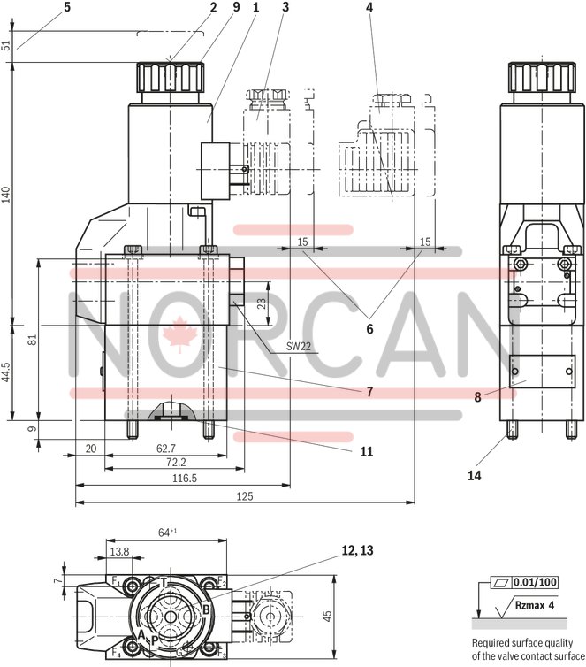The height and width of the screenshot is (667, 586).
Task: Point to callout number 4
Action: pyautogui.click(x=369, y=8)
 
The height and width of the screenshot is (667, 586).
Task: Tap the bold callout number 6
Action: pyautogui.click(x=369, y=328)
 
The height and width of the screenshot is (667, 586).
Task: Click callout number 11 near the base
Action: pyautogui.click(x=366, y=451)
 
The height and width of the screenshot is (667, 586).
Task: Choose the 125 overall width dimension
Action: pyautogui.click(x=244, y=497)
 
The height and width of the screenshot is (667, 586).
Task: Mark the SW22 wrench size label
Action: pyautogui.click(x=299, y=347)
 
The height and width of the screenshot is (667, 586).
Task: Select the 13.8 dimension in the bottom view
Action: pyautogui.click(x=118, y=551)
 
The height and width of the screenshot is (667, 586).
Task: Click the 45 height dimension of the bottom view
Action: pyautogui.click(x=326, y=615)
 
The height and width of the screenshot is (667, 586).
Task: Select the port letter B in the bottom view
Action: pyautogui.click(x=205, y=609)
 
